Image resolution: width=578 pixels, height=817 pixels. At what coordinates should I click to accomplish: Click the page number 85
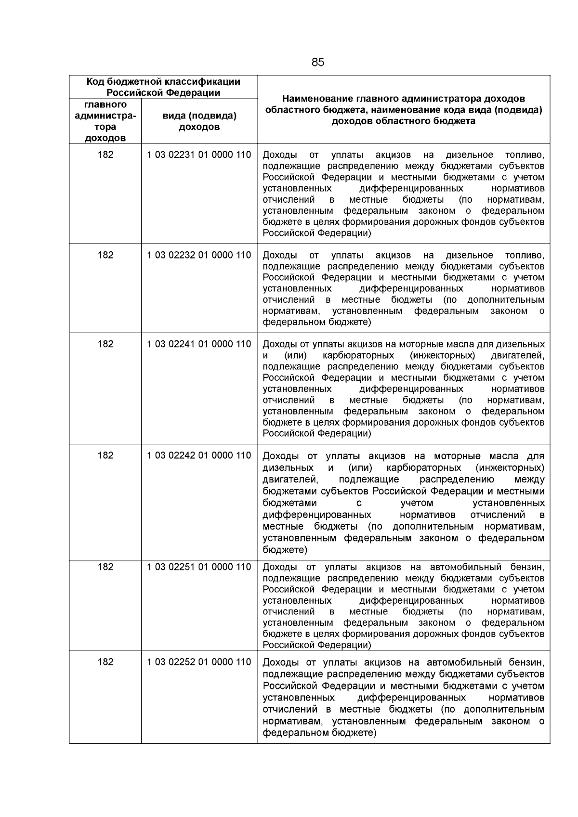(x=318, y=63)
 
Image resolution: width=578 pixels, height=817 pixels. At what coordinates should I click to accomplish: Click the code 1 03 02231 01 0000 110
(x=199, y=155)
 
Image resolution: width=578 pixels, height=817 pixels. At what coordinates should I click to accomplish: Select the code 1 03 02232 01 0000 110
(x=199, y=255)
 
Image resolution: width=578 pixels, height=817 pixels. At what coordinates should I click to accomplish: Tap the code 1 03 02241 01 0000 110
(x=199, y=344)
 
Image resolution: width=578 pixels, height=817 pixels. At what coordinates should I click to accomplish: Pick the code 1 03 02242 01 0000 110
(x=199, y=455)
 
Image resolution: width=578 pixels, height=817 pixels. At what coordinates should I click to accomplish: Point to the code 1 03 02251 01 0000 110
(x=199, y=567)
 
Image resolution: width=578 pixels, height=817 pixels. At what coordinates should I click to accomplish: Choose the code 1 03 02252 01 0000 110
(x=199, y=662)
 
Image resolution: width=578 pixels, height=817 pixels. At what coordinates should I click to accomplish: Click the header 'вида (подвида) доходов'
(x=199, y=121)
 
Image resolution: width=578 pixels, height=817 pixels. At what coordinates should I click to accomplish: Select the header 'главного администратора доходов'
(x=105, y=121)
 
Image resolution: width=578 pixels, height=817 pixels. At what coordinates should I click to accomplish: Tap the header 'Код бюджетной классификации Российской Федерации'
(x=163, y=87)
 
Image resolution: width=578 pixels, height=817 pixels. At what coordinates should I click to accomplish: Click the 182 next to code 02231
(x=105, y=155)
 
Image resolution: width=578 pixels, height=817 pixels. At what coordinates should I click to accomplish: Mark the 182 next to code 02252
(x=105, y=662)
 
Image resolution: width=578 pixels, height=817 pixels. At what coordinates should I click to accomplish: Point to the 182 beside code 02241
(x=105, y=344)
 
